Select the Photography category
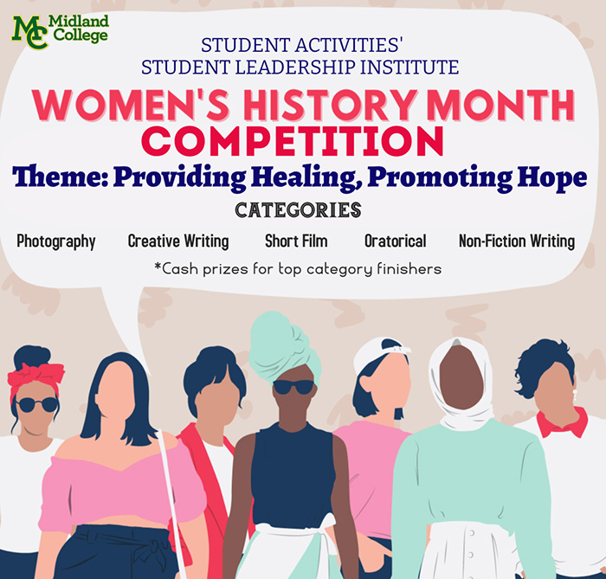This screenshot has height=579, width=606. point(56,241)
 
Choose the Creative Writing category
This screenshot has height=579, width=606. point(178,241)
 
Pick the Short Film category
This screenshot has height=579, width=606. point(296,241)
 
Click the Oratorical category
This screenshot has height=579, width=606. point(396,241)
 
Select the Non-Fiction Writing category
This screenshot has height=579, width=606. point(517,241)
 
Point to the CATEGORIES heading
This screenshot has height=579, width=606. point(298,210)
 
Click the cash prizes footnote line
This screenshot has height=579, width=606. point(298,269)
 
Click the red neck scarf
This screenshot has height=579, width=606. point(563,423)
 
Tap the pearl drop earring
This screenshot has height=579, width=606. point(575,395)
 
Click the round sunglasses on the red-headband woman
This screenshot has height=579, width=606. point(37,405)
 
